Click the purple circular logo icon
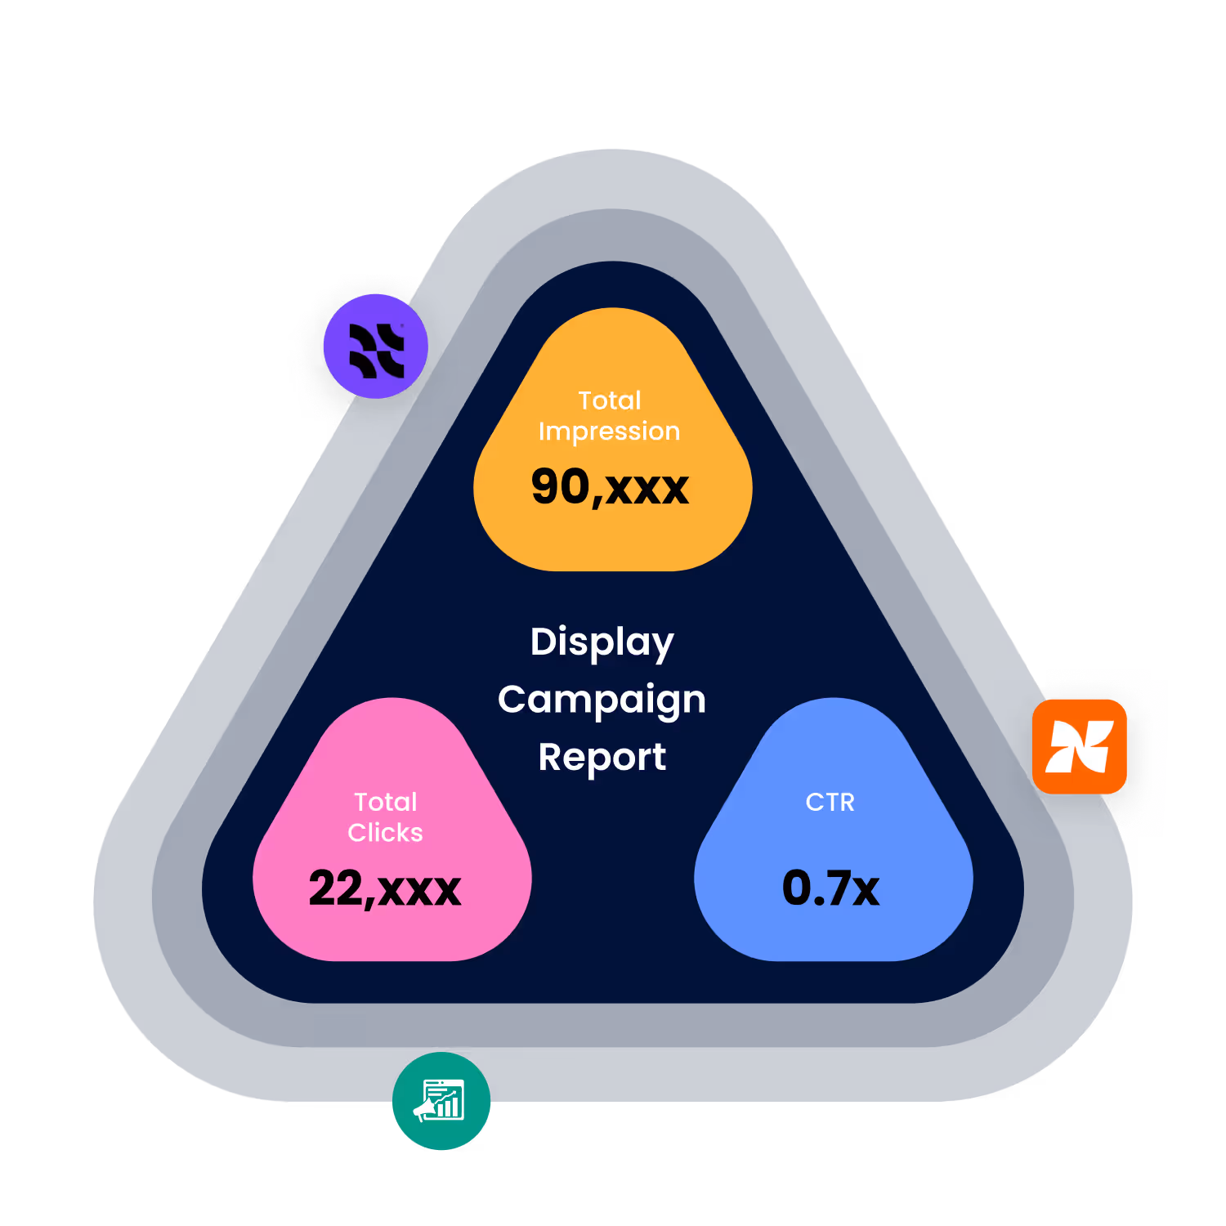coord(376,347)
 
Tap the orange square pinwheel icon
coord(1080,746)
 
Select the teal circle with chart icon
coord(441,1101)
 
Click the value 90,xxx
coord(610,487)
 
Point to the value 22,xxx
coord(385,888)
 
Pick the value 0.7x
coord(830,888)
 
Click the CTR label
coord(830,802)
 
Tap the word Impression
coord(609,432)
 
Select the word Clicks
coord(385,833)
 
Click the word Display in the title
coord(602,642)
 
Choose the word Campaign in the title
coord(602,700)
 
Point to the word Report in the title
coord(602,758)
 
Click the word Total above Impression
coord(610,400)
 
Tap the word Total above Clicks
coord(386,802)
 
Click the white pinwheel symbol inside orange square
coord(1080,746)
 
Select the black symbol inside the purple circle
coord(377,351)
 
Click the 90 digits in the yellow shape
coord(561,487)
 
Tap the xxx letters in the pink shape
coord(419,890)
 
